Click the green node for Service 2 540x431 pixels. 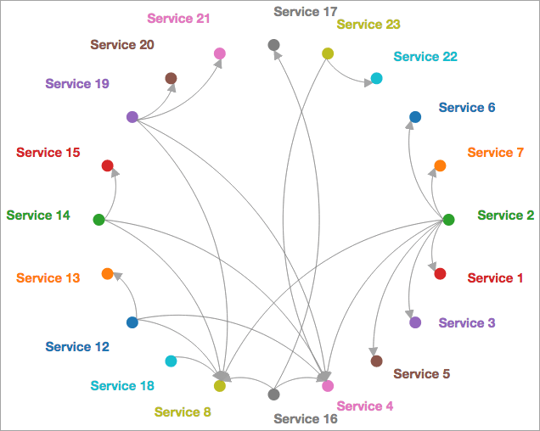[x=448, y=220]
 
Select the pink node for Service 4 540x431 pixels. [x=328, y=386]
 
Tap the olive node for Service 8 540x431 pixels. [x=220, y=386]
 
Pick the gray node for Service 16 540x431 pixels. [x=273, y=395]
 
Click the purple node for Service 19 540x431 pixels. [x=132, y=117]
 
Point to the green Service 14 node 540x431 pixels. [x=98, y=220]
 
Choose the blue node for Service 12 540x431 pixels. [x=132, y=322]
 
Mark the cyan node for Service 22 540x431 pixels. [x=376, y=78]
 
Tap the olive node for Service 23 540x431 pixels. [x=328, y=53]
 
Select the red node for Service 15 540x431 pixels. [x=107, y=165]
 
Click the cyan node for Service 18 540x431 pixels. [x=171, y=361]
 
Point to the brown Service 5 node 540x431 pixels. [x=376, y=361]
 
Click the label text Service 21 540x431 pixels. [x=178, y=18]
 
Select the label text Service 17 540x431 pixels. [x=306, y=12]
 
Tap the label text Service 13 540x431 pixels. [x=48, y=277]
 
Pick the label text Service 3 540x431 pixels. [x=467, y=322]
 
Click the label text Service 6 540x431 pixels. [x=467, y=108]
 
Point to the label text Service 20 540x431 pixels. [x=122, y=44]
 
